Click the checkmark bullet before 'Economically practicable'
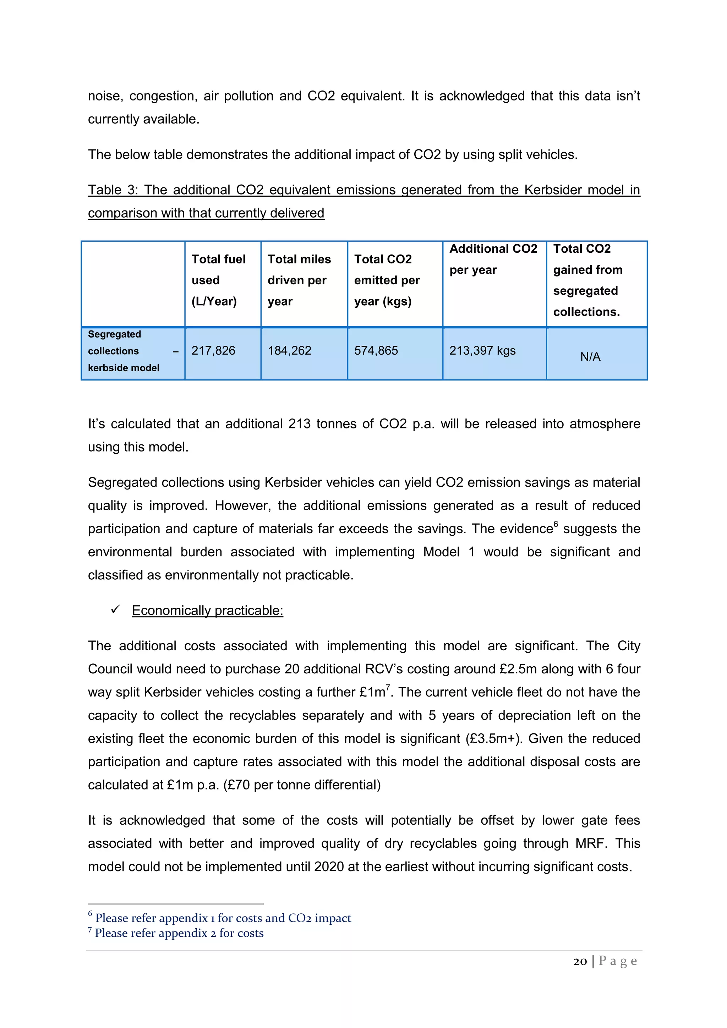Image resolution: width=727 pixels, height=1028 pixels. coord(115,609)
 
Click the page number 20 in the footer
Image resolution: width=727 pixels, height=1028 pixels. coord(580,961)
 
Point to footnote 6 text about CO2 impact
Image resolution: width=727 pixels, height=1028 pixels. coord(223,918)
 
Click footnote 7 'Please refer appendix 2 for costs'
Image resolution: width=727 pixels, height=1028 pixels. coord(179,933)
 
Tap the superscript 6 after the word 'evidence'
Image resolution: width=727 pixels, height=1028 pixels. coord(556,524)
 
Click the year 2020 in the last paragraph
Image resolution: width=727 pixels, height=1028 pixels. coord(329,867)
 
